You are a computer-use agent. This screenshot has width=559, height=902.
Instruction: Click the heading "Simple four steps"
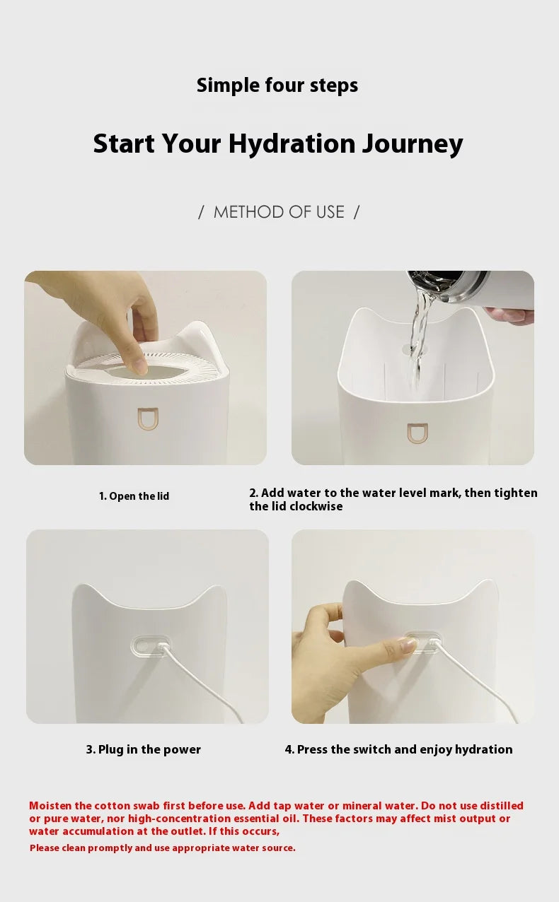click(x=277, y=86)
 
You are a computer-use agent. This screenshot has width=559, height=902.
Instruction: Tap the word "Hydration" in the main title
click(x=292, y=144)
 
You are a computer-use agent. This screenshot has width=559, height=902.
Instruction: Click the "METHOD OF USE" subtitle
click(x=279, y=212)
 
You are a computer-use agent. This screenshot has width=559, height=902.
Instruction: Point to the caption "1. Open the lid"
click(x=134, y=496)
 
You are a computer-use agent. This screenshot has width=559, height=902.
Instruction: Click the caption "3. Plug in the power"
click(x=144, y=749)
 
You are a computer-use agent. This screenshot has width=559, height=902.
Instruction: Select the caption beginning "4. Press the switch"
click(x=398, y=749)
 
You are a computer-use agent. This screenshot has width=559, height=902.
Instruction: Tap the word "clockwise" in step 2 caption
click(x=316, y=507)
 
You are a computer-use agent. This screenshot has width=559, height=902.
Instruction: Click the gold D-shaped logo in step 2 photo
click(x=417, y=433)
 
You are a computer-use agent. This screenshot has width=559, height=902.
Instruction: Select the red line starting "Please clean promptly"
click(x=162, y=848)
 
